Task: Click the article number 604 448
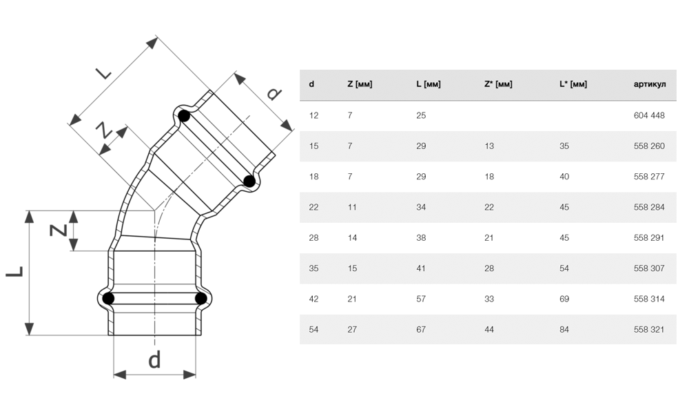pyautogui.click(x=648, y=116)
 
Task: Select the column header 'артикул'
pyautogui.click(x=649, y=85)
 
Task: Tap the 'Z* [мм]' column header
pyautogui.click(x=498, y=85)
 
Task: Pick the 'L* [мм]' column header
pyautogui.click(x=573, y=85)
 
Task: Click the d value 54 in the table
pyautogui.click(x=314, y=330)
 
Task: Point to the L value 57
pyautogui.click(x=421, y=299)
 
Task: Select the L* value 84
pyautogui.click(x=564, y=330)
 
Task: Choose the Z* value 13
pyautogui.click(x=489, y=146)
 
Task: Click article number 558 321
pyautogui.click(x=648, y=330)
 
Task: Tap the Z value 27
pyautogui.click(x=352, y=330)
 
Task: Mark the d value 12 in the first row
pyautogui.click(x=314, y=116)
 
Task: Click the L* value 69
pyautogui.click(x=564, y=299)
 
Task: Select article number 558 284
pyautogui.click(x=648, y=208)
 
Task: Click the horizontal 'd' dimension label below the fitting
pyautogui.click(x=154, y=359)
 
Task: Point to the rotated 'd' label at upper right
pyautogui.click(x=274, y=93)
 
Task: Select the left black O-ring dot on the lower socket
pyautogui.click(x=108, y=299)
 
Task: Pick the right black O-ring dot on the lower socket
pyautogui.click(x=200, y=299)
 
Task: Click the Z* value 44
pyautogui.click(x=489, y=330)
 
